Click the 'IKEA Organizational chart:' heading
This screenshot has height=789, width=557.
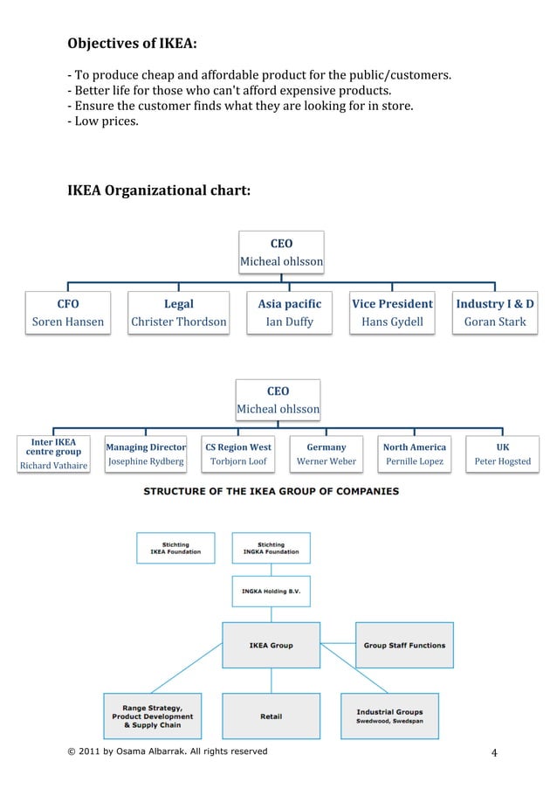[159, 190]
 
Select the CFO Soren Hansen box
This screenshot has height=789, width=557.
[68, 313]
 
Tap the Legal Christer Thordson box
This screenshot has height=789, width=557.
[179, 313]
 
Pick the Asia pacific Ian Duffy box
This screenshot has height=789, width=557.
[289, 313]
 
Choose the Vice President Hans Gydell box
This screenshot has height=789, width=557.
[392, 313]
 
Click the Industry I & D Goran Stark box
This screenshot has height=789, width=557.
[495, 313]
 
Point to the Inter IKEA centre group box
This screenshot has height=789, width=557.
[54, 454]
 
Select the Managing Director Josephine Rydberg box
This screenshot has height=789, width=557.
[146, 454]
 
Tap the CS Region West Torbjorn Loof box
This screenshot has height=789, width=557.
[238, 454]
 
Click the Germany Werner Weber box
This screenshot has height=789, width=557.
[326, 454]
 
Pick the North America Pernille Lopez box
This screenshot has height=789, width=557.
[415, 454]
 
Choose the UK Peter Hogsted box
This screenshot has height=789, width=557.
[502, 454]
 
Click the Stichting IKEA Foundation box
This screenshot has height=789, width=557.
[175, 548]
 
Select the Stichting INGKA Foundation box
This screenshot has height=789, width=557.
[271, 548]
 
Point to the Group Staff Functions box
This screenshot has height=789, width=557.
[404, 646]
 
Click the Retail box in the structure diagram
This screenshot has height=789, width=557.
[271, 716]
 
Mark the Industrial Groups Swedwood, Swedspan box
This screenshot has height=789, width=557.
[389, 716]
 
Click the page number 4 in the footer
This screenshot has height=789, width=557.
[494, 753]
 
